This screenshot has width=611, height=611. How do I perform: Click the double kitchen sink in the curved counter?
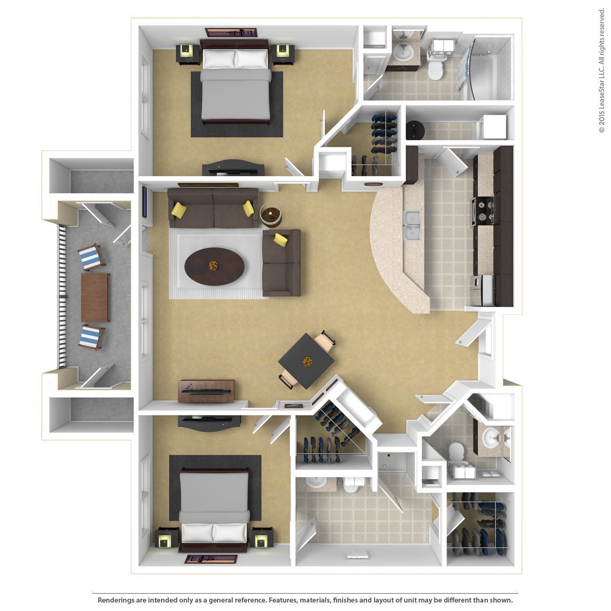pyautogui.click(x=412, y=225)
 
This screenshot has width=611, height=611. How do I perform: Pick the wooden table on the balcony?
pyautogui.click(x=95, y=298)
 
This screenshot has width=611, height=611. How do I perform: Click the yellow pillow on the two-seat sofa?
pyautogui.click(x=281, y=239)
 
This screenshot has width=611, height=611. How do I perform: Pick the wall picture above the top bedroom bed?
pyautogui.click(x=231, y=32)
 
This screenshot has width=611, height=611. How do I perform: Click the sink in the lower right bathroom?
pyautogui.click(x=493, y=437)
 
